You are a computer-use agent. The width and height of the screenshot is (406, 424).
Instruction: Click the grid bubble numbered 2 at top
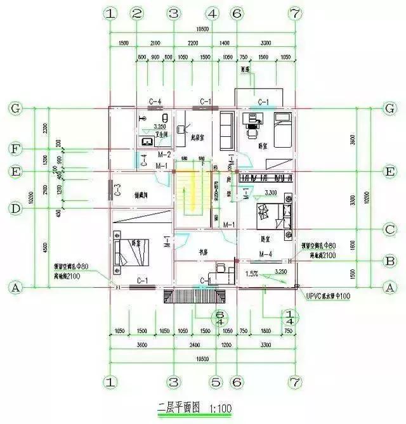pos(137,13)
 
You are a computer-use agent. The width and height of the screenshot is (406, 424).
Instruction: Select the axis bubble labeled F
pos(16,149)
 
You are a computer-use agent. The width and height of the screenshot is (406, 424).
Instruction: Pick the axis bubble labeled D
pos(16,207)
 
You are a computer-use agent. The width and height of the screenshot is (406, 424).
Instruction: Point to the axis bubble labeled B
pos(390,259)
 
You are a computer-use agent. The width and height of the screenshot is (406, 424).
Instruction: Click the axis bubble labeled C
pos(390,229)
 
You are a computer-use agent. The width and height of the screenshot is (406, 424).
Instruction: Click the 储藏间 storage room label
pos(146,194)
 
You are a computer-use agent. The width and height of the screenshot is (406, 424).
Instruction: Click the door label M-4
pos(266,254)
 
